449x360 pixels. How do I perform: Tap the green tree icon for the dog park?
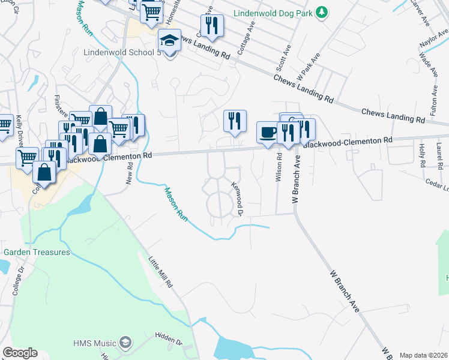(322, 12)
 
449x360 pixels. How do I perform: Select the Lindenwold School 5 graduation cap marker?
(170, 41)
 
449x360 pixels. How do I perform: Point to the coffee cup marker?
(268, 133)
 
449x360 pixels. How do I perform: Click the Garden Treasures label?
(37, 252)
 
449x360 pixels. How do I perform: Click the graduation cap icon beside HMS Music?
(125, 343)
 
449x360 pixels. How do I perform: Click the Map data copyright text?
(423, 355)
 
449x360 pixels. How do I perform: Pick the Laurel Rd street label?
(439, 154)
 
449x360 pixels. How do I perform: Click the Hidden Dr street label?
(169, 341)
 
